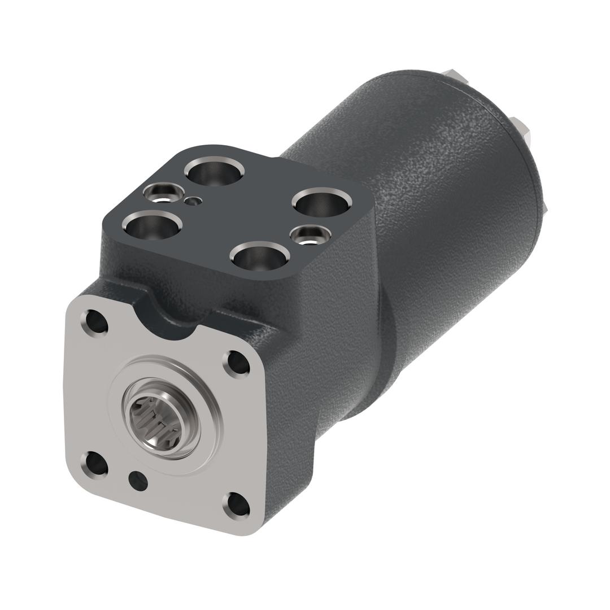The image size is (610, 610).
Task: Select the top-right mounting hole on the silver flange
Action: pos(237,364)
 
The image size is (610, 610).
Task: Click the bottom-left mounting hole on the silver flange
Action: pos(96,464)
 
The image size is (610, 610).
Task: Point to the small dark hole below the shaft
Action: pos(138,481)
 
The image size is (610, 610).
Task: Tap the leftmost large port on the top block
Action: pos(153,226)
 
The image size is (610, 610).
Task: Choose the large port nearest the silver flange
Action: pos(260,257)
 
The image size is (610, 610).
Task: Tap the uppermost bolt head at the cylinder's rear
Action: pos(454,75)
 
